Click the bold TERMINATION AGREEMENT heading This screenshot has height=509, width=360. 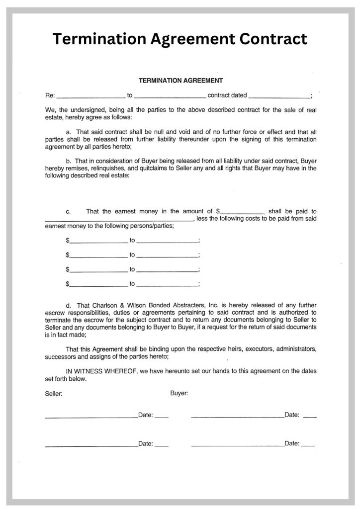(x=180, y=80)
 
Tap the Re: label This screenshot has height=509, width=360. (x=50, y=95)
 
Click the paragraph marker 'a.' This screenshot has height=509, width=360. (x=69, y=132)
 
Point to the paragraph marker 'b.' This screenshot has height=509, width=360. (x=69, y=161)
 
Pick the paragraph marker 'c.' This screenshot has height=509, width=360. (x=68, y=211)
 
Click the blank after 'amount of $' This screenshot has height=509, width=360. (x=242, y=212)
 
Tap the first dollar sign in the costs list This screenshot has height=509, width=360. (x=67, y=241)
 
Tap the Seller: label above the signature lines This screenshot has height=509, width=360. (x=53, y=394)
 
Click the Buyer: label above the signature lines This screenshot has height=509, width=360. (x=179, y=393)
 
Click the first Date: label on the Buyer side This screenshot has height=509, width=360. (x=292, y=415)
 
